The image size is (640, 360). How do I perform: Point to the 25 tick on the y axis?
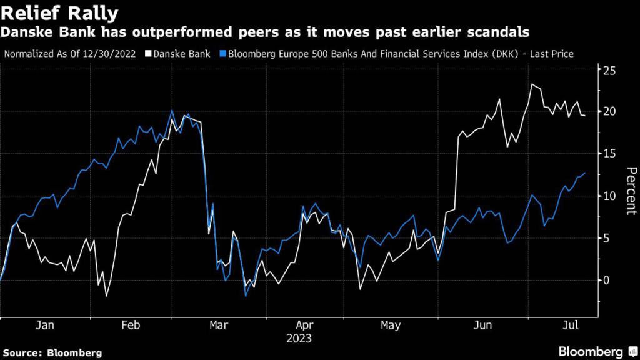click(x=608, y=69)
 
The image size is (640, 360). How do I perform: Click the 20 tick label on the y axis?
click(x=608, y=111)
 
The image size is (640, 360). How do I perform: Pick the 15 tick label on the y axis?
click(x=608, y=153)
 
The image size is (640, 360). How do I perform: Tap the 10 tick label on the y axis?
click(x=608, y=196)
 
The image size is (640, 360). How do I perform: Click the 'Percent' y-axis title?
click(x=631, y=191)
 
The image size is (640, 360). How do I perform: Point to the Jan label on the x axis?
click(x=46, y=326)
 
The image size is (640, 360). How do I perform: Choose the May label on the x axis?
click(x=390, y=326)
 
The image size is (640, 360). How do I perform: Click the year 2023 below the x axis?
click(x=299, y=339)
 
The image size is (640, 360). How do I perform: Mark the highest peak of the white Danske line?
click(x=532, y=84)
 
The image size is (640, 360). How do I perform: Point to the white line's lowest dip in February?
click(x=106, y=296)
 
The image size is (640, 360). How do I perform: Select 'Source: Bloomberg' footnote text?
click(x=52, y=352)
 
